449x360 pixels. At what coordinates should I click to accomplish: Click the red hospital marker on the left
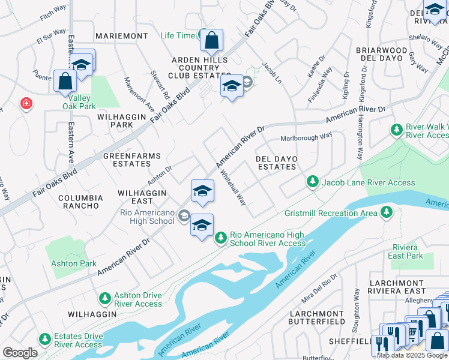coord(26,104)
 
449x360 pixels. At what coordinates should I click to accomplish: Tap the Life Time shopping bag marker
coord(211,41)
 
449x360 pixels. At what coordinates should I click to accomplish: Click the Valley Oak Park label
coord(82,102)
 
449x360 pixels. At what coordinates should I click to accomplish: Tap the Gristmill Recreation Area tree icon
coord(387,212)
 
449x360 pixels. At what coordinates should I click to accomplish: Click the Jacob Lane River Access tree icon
coord(312,181)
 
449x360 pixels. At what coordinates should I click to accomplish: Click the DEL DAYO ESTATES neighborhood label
coord(277,163)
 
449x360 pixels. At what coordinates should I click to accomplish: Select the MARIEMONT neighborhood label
coord(121,36)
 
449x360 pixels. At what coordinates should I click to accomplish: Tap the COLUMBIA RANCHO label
coord(79,201)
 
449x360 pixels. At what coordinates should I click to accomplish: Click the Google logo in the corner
coord(20,353)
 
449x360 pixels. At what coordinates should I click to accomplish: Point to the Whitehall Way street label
coord(233,187)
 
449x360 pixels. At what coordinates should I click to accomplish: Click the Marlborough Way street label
coord(307,137)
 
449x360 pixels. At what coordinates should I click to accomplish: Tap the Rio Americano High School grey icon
coord(184,217)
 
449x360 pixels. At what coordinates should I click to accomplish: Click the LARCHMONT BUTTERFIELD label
coord(317,317)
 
